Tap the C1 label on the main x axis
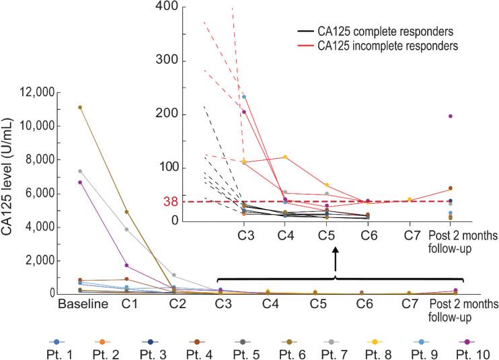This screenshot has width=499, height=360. [126, 305]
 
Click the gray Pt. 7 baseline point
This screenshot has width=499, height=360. [79, 171]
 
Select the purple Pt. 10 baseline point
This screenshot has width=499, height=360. [79, 182]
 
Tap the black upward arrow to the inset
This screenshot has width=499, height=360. [336, 258]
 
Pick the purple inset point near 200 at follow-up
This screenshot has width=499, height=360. [450, 116]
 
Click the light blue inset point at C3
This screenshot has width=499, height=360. [244, 97]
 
